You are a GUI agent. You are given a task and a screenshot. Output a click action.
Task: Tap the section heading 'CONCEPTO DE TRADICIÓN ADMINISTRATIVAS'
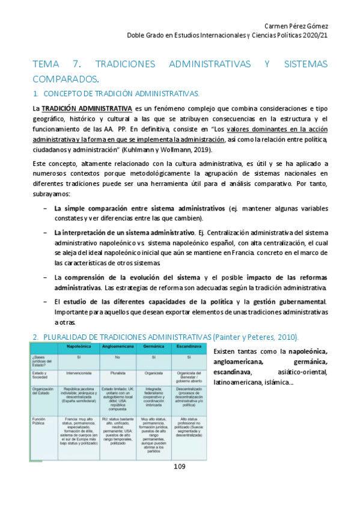tap(122, 94)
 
